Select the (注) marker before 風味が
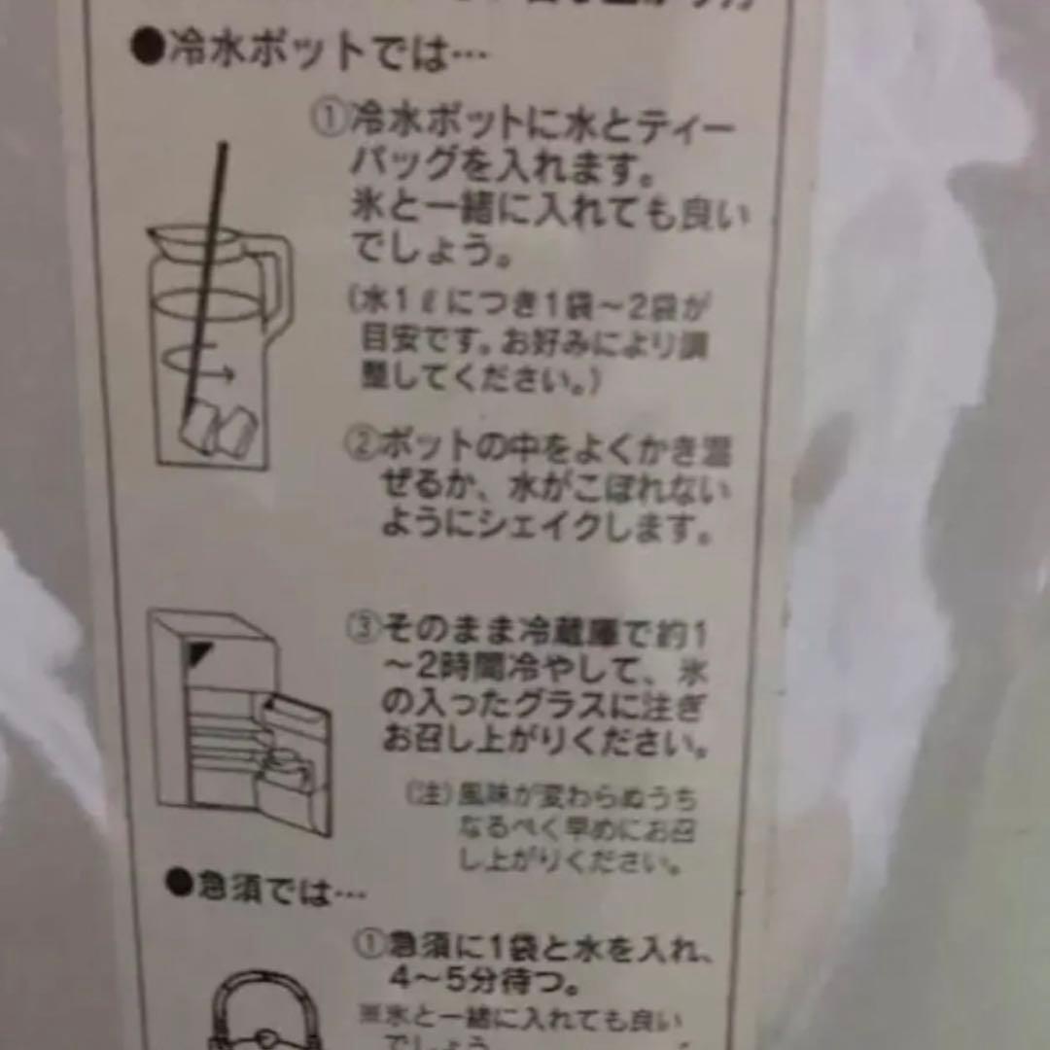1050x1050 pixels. pos(428,794)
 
